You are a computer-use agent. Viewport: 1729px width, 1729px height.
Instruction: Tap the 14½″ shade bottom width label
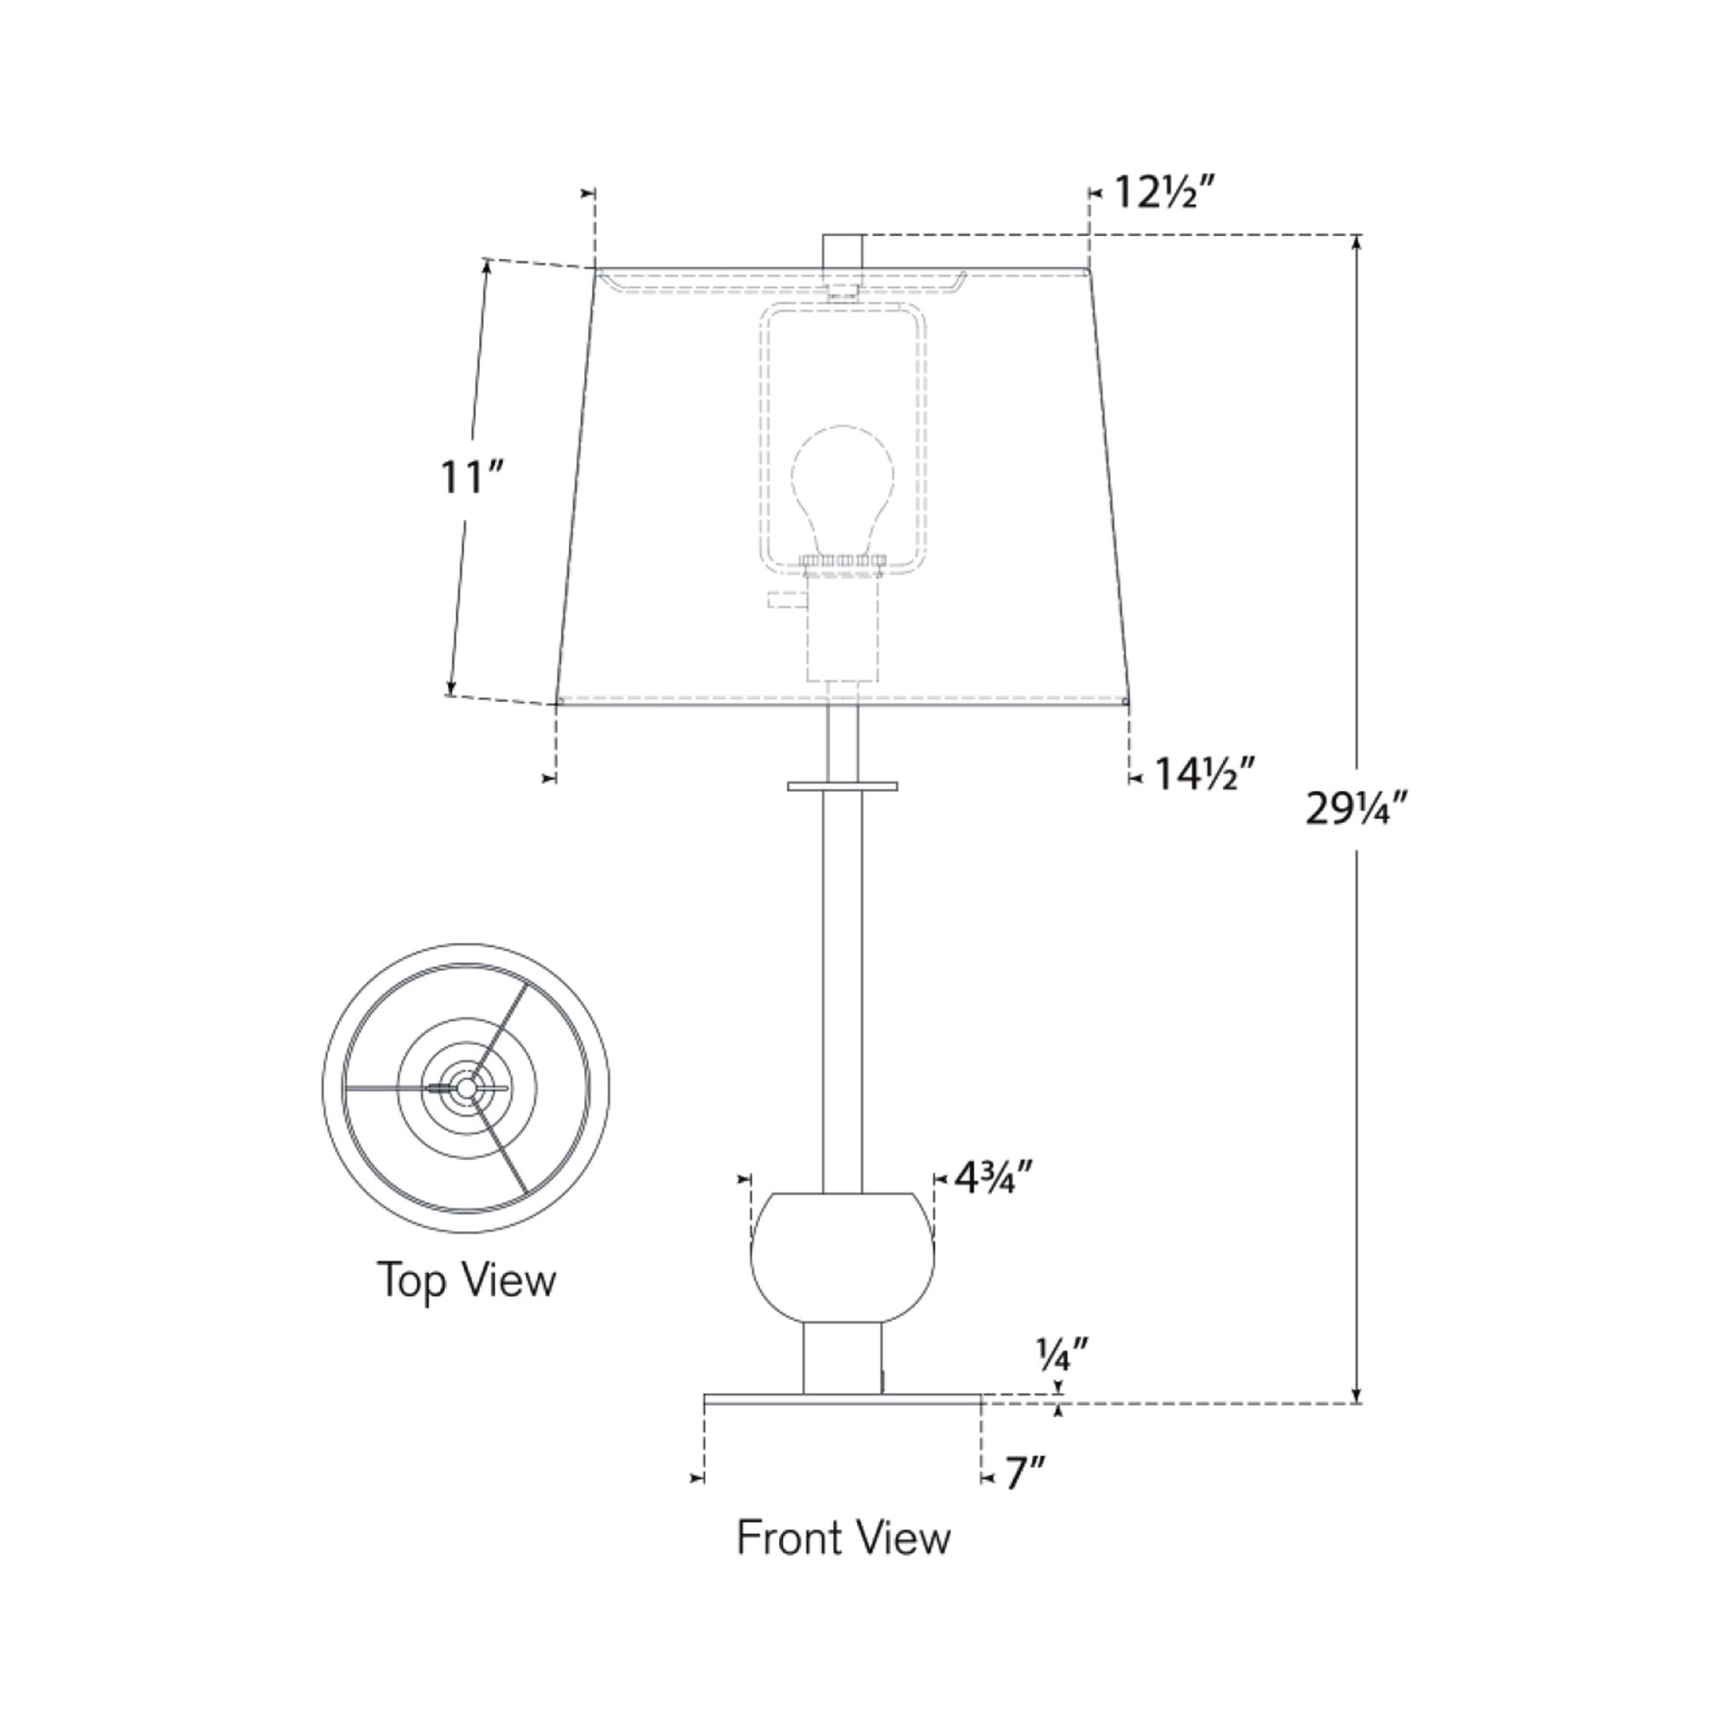pyautogui.click(x=1204, y=774)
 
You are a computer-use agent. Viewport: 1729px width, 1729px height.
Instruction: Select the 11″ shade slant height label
pyautogui.click(x=473, y=477)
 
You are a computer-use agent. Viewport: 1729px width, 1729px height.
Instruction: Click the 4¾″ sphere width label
pyautogui.click(x=994, y=1178)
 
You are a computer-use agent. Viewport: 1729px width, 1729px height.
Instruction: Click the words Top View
pyautogui.click(x=466, y=1279)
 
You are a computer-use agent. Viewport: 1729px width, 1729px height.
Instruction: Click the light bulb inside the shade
pyautogui.click(x=842, y=490)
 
